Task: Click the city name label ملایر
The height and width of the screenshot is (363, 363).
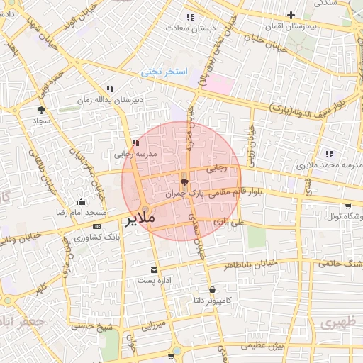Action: click(x=140, y=220)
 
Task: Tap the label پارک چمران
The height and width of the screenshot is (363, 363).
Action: click(x=184, y=193)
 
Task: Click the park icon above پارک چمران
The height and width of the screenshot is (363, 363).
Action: click(x=185, y=182)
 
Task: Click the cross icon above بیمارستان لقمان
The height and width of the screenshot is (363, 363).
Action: click(x=291, y=15)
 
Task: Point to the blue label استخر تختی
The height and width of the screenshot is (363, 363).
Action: click(x=164, y=72)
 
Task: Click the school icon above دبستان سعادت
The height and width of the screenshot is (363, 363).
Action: click(x=189, y=17)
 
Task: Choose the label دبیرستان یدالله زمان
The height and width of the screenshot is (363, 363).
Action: click(x=111, y=100)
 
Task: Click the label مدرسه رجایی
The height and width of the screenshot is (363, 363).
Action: click(x=135, y=153)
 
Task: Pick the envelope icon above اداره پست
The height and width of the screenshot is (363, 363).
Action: click(x=155, y=270)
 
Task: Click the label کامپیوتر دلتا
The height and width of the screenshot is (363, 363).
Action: click(x=212, y=301)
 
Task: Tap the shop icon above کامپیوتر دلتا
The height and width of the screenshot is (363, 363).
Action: click(x=213, y=289)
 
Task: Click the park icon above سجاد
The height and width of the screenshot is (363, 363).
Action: click(x=40, y=110)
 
